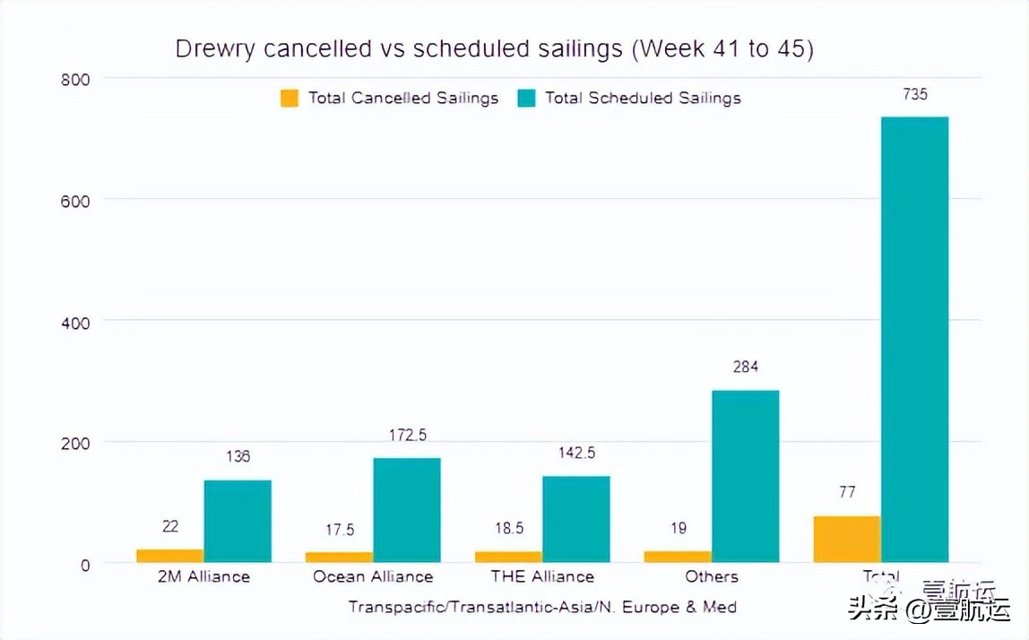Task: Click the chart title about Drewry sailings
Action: click(494, 48)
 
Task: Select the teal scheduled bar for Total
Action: click(914, 340)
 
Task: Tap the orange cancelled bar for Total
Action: click(846, 540)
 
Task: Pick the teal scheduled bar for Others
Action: click(745, 476)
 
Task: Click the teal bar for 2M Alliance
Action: click(238, 521)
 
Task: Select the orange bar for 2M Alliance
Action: click(169, 556)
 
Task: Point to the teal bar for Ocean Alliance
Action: click(407, 510)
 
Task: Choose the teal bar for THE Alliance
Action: click(575, 519)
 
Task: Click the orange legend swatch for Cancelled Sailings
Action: click(290, 98)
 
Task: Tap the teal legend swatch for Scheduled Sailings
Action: click(526, 98)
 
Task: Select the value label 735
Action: click(914, 94)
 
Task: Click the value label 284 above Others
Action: click(745, 367)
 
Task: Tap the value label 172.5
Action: click(407, 435)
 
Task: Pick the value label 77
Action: click(846, 492)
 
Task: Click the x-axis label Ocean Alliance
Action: click(373, 576)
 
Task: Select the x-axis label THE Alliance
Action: click(542, 576)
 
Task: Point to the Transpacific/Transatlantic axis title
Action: click(542, 607)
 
